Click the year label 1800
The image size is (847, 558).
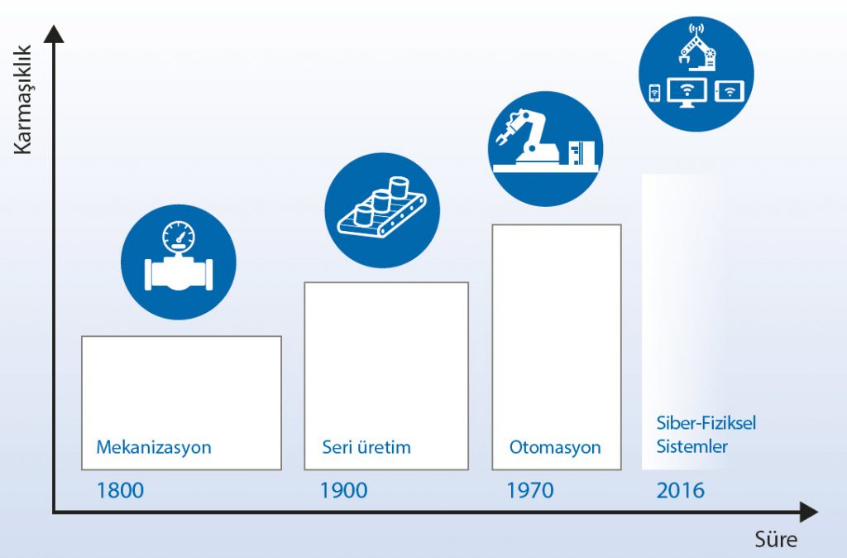pos(120,490)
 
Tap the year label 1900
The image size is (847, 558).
pos(343,490)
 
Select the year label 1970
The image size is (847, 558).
pos(530,490)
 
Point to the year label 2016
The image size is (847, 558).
pos(681,490)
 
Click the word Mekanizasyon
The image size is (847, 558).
pos(154,448)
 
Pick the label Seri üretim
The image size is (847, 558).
pos(366,447)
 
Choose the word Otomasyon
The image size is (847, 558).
pos(555,448)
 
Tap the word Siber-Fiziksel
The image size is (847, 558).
pos(706,422)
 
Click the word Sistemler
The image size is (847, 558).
pos(692,446)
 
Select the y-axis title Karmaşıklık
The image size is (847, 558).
pos(22,100)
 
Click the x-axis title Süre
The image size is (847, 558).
pos(776,539)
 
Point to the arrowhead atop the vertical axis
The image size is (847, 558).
pos(54,34)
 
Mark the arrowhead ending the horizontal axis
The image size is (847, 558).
pos(808,512)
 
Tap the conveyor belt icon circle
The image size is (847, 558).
pos(382,210)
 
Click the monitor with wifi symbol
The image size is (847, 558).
pos(687,93)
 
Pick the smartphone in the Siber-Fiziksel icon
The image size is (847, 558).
pos(654,93)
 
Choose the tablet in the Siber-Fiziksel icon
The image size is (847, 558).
pos(730,91)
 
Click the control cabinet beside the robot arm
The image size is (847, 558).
pos(581,152)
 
